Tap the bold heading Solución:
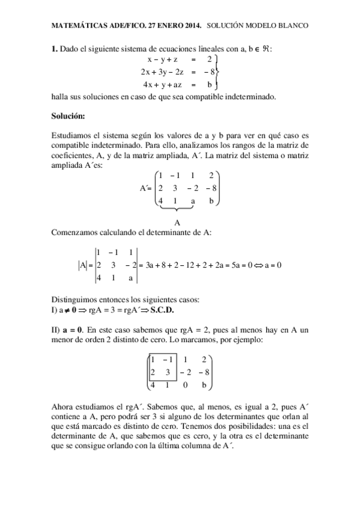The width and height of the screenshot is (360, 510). (x=69, y=115)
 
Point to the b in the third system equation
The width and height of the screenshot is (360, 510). (x=210, y=85)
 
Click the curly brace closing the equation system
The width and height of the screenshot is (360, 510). (x=216, y=72)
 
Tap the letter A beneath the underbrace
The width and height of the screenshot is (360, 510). (x=177, y=221)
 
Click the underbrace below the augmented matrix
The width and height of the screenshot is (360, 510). (x=177, y=208)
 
